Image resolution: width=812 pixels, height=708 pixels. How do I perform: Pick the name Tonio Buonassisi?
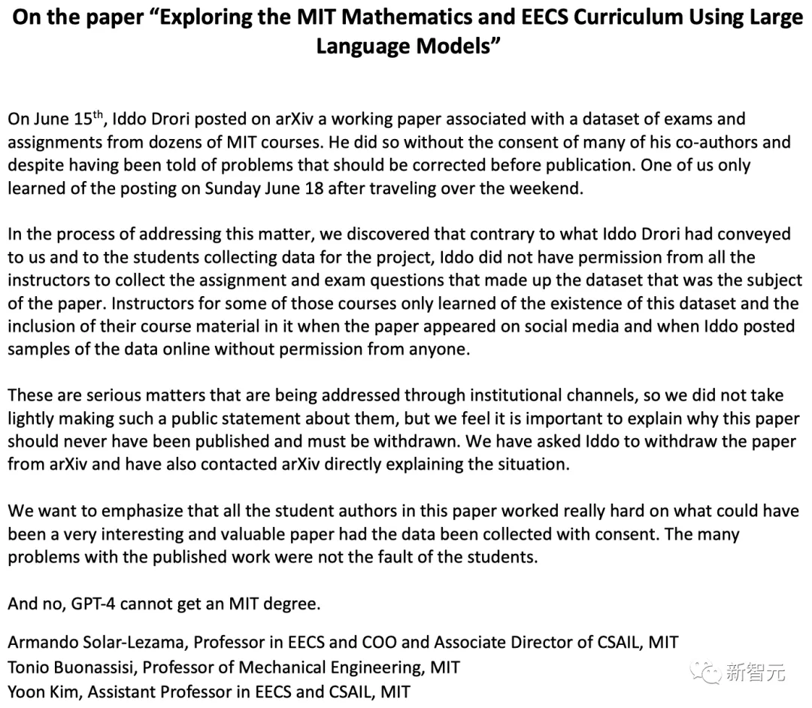pos(73,667)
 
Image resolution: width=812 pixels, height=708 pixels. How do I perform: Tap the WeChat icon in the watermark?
pos(707,670)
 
